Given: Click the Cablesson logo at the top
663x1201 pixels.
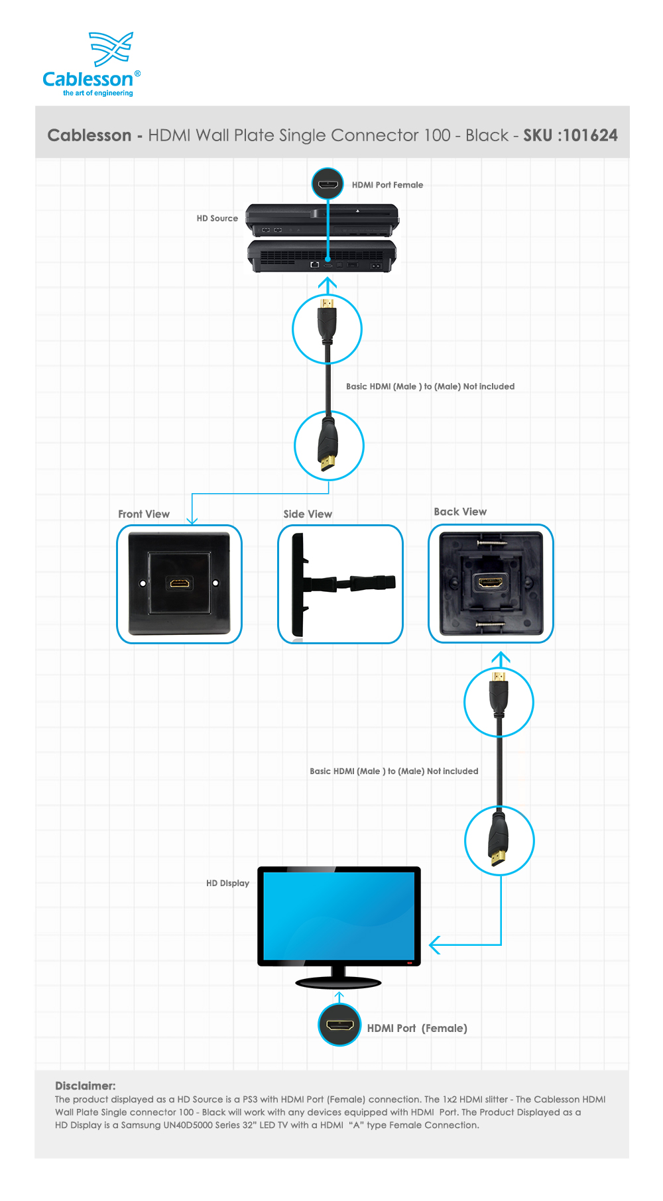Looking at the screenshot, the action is pyautogui.click(x=91, y=64).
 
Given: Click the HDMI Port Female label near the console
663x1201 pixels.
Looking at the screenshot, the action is pyautogui.click(x=387, y=185).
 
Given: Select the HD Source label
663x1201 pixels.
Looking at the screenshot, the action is pyautogui.click(x=217, y=218).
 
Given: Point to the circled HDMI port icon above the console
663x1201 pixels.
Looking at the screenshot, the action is pyautogui.click(x=328, y=184).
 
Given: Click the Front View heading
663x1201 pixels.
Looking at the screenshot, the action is pyautogui.click(x=144, y=514).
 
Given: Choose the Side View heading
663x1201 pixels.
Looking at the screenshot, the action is pyautogui.click(x=308, y=514).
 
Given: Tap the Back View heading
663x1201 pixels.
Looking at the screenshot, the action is pyautogui.click(x=460, y=512).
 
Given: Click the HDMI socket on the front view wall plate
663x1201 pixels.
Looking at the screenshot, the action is pyautogui.click(x=179, y=584).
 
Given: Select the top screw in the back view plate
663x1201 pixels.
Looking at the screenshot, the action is pyautogui.click(x=491, y=543).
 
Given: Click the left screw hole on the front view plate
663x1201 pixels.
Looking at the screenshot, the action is pyautogui.click(x=143, y=583).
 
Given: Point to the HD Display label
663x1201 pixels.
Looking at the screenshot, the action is pyautogui.click(x=227, y=884).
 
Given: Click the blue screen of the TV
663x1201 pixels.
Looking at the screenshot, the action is pyautogui.click(x=339, y=915).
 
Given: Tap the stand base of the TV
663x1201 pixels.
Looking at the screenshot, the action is pyautogui.click(x=338, y=982).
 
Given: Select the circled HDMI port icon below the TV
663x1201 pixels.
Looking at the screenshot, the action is pyautogui.click(x=339, y=1025).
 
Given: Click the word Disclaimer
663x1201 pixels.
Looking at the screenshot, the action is pyautogui.click(x=86, y=1086).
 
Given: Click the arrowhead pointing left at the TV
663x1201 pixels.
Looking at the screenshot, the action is pyautogui.click(x=435, y=944).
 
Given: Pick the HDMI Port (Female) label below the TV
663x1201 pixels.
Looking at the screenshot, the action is pyautogui.click(x=417, y=1028).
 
